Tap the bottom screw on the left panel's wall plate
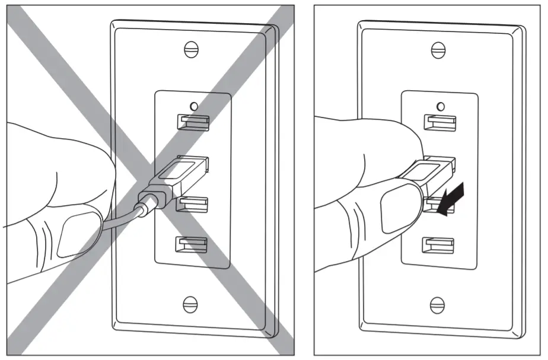click(191, 304)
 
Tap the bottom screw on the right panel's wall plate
click(439, 304)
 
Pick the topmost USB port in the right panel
click(439, 122)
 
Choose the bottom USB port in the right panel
click(439, 244)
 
